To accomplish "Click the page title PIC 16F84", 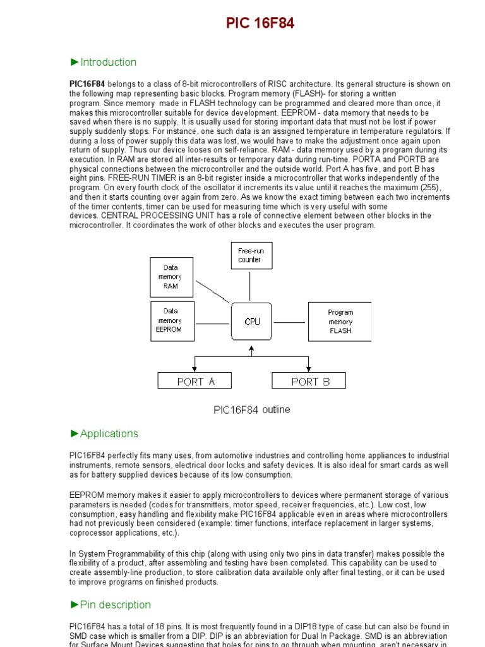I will (x=260, y=24).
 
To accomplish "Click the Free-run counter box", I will (x=250, y=255).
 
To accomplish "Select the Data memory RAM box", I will (x=171, y=277).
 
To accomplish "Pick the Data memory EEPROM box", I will (x=171, y=320).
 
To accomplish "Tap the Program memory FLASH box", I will (x=340, y=322).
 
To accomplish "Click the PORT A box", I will (x=195, y=381).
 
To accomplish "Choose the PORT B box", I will (x=309, y=381).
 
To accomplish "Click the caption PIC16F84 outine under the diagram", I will (x=251, y=409).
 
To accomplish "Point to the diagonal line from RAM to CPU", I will (x=212, y=291).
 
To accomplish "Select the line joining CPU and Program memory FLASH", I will (x=290, y=322).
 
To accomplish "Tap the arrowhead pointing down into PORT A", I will (x=195, y=369).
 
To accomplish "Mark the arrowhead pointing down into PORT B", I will (x=309, y=369).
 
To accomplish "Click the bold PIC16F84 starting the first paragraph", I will (x=87, y=84).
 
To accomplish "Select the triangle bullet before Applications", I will (x=75, y=433).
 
